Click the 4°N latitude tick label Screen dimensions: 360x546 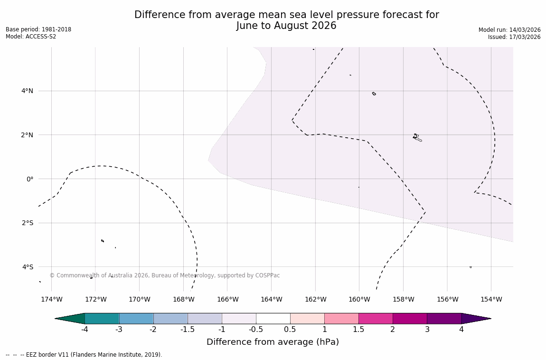(x=27, y=91)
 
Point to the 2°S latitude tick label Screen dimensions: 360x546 (x=27, y=223)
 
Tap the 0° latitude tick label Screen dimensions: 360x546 (x=30, y=179)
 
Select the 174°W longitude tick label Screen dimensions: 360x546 (x=51, y=299)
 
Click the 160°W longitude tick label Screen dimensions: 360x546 (x=359, y=299)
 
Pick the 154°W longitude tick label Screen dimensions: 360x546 (x=491, y=299)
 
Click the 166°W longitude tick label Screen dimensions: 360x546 (x=227, y=299)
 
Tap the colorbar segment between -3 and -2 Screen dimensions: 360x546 (x=136, y=319)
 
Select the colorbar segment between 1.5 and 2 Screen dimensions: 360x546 (x=376, y=319)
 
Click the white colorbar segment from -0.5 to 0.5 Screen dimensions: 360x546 (x=273, y=319)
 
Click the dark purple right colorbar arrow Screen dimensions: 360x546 (x=475, y=319)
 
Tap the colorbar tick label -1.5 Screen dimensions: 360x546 (x=188, y=330)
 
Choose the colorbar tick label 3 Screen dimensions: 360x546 (x=427, y=330)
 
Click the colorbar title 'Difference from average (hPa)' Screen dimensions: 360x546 (x=273, y=342)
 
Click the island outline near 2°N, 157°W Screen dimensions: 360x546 (x=416, y=137)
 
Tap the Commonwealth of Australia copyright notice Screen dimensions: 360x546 (x=165, y=275)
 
